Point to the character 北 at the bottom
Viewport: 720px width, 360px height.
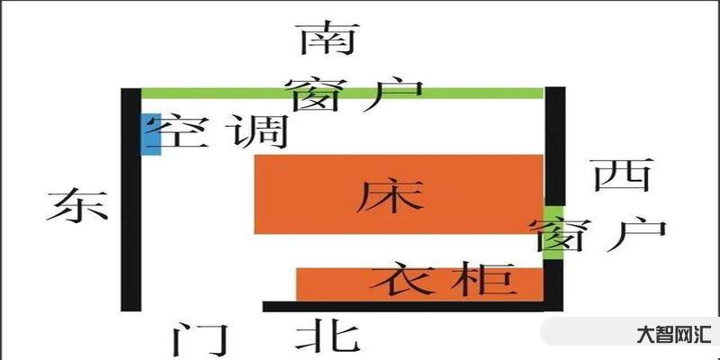tap(329, 337)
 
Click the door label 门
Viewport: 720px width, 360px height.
tap(195, 339)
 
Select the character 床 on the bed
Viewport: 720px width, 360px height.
tap(389, 195)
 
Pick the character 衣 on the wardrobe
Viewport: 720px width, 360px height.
tap(399, 282)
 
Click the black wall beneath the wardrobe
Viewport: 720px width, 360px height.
tap(405, 306)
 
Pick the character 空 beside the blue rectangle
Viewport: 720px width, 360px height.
tap(184, 133)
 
